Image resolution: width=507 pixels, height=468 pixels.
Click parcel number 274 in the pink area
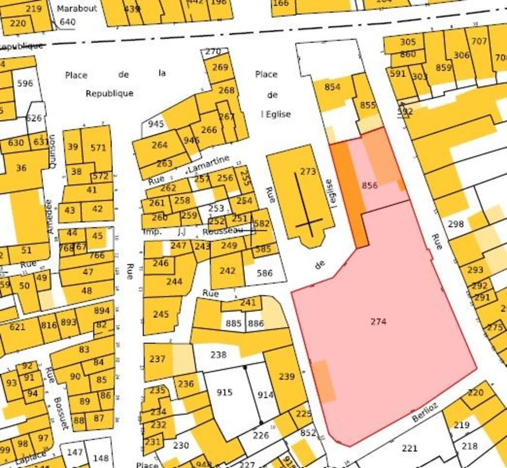click(x=378, y=321)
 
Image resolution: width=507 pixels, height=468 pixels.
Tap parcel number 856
click(x=370, y=186)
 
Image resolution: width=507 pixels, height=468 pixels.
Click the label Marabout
click(x=77, y=9)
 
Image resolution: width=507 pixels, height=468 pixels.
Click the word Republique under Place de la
click(x=110, y=93)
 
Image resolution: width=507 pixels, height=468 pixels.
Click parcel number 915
click(x=224, y=392)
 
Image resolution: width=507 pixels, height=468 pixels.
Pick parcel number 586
click(x=265, y=273)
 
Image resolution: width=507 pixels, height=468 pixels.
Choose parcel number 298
click(x=456, y=224)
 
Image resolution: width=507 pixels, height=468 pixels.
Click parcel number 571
click(x=98, y=148)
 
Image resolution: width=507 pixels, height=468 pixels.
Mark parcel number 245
click(x=161, y=314)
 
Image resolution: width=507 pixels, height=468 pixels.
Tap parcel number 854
click(x=333, y=87)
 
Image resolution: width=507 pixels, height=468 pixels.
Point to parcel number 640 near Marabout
click(x=67, y=22)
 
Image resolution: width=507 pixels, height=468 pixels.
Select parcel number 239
click(x=286, y=376)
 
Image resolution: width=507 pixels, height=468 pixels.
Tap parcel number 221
click(x=409, y=448)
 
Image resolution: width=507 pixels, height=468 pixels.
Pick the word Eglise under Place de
click(x=277, y=114)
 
